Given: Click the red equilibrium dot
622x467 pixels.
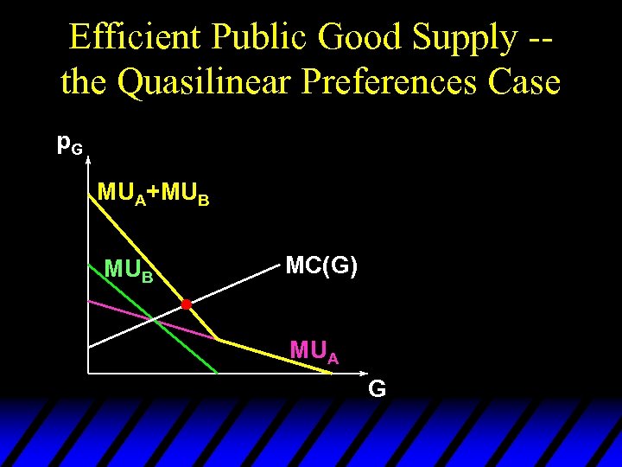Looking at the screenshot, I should (x=186, y=304).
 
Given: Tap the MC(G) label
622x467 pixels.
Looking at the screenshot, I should (x=321, y=266).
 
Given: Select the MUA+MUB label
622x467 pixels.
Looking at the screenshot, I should (x=153, y=193).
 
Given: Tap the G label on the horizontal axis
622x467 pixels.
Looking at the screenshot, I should (x=377, y=390).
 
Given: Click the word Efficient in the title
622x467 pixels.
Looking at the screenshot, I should (x=135, y=37).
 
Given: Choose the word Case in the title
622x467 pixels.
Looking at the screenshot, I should (x=524, y=83).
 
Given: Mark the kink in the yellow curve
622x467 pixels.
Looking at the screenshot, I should (x=217, y=339).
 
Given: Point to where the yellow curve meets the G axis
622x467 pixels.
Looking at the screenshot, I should (x=332, y=373).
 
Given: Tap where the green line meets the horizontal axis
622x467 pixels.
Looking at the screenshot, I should (x=218, y=373).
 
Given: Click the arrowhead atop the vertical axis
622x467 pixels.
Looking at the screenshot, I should (x=88, y=161).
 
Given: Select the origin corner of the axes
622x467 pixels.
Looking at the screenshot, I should (x=88, y=373).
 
